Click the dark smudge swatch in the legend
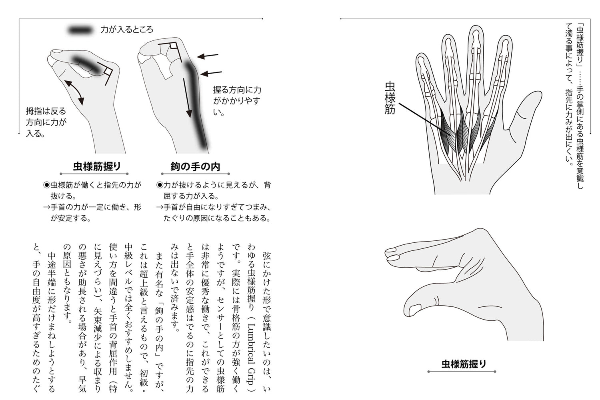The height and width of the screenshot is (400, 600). coord(80,30)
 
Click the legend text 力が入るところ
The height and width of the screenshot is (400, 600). coord(127,30)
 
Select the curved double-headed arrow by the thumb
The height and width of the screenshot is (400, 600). coord(75,92)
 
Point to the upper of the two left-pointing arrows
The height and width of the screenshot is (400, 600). coord(208,56)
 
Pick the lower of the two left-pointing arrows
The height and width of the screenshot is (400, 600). coord(211,73)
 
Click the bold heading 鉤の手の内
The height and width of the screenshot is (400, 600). coord(195,166)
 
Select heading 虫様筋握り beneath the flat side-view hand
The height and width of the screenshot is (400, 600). coord(464,364)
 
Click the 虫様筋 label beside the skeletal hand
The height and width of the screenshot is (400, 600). coord(390,98)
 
